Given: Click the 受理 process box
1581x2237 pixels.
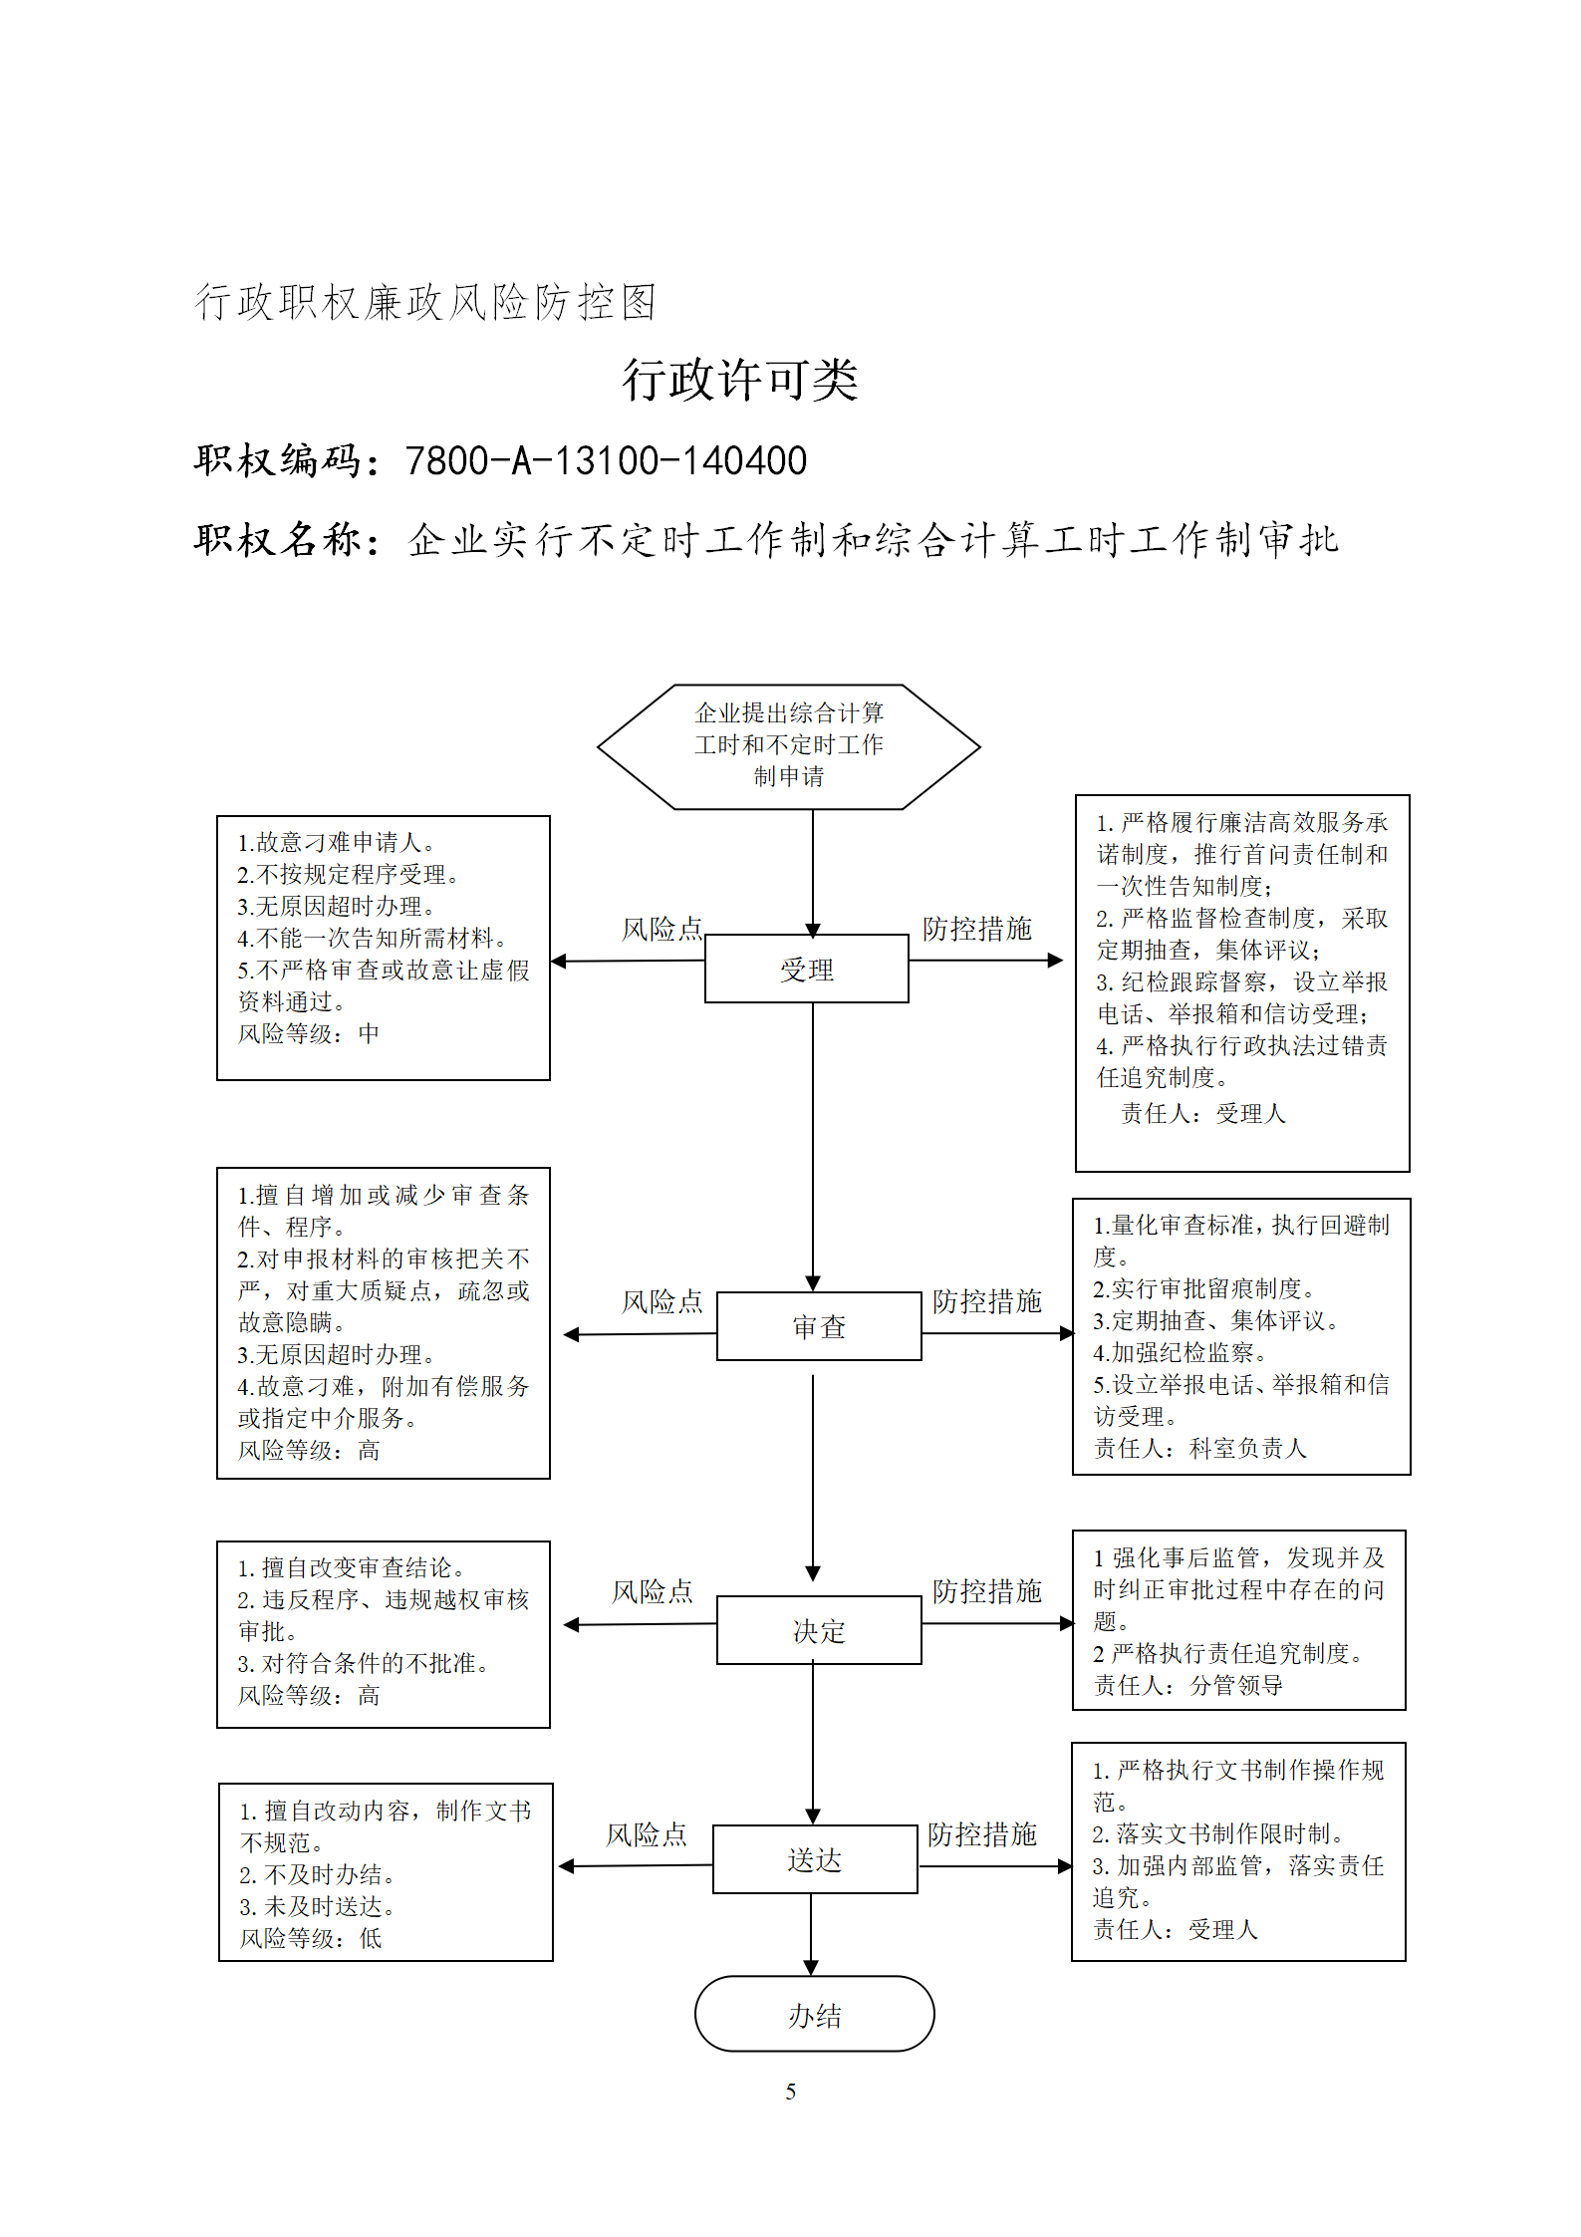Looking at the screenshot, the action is coord(806,968).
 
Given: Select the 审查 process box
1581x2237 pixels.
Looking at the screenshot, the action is coord(819,1325).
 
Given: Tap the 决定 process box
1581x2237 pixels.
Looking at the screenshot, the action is coord(819,1630).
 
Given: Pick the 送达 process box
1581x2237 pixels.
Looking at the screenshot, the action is coord(815,1859).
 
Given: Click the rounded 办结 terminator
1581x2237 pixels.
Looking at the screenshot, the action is coord(814,2015).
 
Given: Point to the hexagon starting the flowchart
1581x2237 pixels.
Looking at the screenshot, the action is coord(788,746).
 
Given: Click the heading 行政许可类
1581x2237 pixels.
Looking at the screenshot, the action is coord(739,380).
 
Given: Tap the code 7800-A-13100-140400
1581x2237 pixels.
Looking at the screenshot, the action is coord(606,460).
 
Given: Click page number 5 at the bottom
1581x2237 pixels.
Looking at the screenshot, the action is coord(790,2092).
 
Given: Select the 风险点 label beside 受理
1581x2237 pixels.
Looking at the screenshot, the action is coord(662,929).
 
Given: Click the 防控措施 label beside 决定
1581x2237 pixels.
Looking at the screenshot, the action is coord(986,1590).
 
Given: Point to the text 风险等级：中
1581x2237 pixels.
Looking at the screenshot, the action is coord(309,1033).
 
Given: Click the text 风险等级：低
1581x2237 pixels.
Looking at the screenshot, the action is coord(311,1938).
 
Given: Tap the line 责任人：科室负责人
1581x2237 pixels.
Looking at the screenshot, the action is coord(1199,1448).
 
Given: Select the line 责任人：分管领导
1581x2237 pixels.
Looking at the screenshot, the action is coord(1187,1685).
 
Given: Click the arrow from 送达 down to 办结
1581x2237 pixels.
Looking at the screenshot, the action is coord(811,1934).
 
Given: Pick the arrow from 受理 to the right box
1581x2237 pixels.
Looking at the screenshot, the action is coord(986,961).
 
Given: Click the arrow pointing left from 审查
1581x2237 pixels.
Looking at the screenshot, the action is coord(640,1334).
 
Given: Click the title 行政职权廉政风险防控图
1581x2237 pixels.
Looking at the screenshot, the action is coord(425,302).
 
